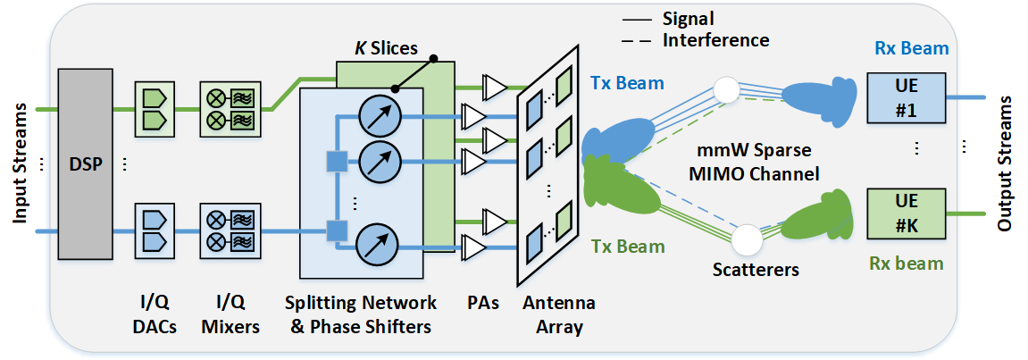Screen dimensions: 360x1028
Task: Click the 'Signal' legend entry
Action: click(688, 18)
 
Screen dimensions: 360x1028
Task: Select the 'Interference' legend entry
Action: click(715, 39)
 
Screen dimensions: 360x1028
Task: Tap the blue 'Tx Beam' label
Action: click(626, 83)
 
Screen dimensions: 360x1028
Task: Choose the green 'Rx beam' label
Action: click(906, 264)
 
